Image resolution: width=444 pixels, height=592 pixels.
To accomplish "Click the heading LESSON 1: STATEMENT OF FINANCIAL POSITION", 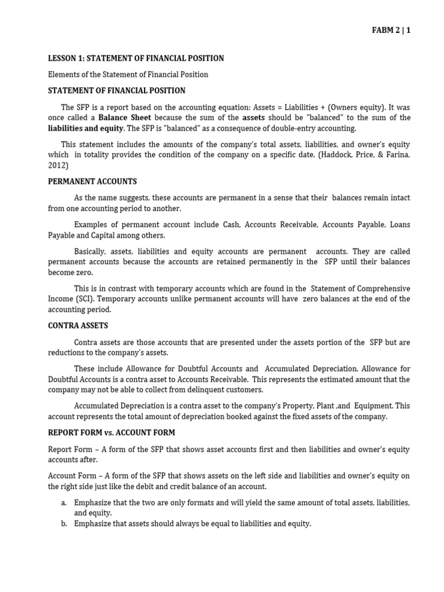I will pos(136,58).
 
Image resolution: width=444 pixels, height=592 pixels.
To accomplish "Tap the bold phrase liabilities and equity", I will pos(86,128).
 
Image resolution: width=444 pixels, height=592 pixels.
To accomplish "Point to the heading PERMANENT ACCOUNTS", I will pos(92,182).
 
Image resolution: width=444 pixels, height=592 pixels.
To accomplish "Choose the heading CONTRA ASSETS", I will pos(77,326).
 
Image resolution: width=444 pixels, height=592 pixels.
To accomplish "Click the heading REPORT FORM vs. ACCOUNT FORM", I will pos(111,432).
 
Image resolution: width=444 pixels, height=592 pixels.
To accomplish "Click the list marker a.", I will pos(64,503).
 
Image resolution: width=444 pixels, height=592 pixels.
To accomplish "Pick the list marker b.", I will pos(64,524).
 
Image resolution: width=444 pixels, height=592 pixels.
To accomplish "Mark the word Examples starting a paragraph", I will pos(92,225).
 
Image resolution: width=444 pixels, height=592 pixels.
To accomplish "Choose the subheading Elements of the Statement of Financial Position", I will pos(128,75).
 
